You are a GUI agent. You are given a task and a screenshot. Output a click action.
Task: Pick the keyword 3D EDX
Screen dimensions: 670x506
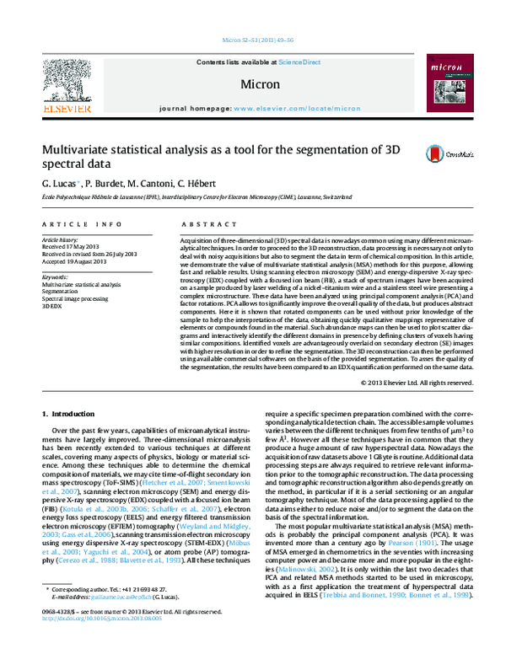pyautogui.click(x=52, y=304)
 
